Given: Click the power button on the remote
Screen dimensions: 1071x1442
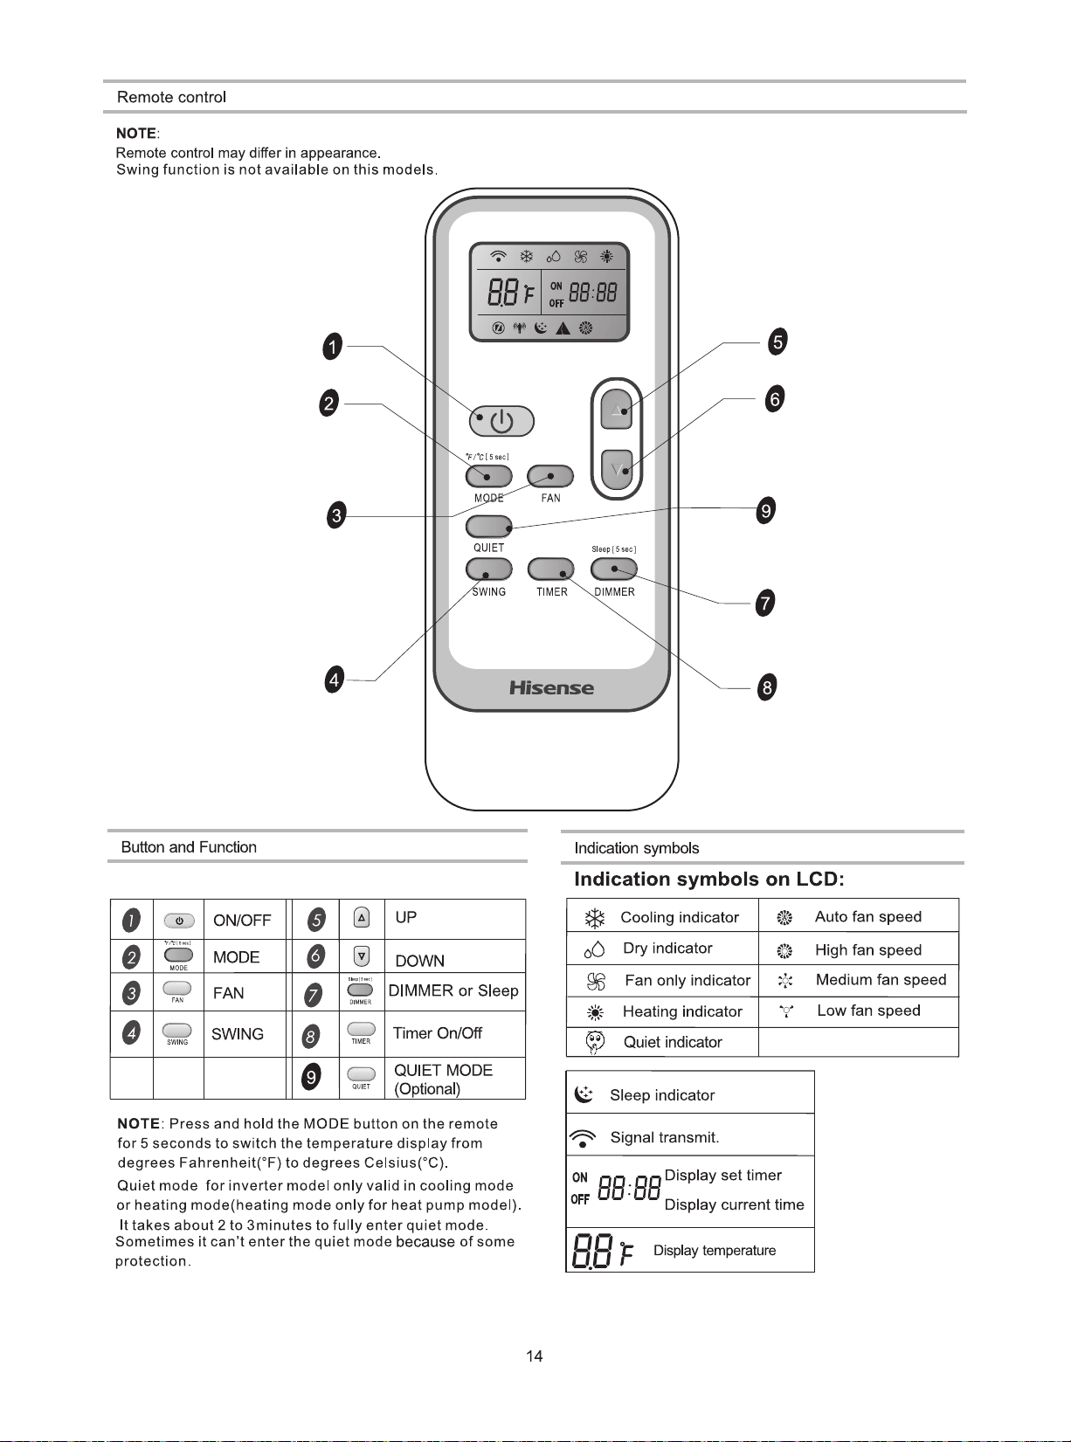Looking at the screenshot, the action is click(x=501, y=422).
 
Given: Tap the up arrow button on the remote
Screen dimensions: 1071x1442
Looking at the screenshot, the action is click(x=617, y=409).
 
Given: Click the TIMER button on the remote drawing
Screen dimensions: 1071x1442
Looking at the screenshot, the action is click(x=550, y=569).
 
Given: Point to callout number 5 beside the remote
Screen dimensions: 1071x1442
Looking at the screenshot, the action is click(x=777, y=342).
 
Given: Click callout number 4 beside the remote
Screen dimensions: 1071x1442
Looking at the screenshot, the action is click(x=335, y=680).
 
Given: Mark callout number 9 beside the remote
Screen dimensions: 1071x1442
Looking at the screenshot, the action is click(x=766, y=510).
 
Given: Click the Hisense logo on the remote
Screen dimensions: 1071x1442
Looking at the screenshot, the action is click(x=551, y=688).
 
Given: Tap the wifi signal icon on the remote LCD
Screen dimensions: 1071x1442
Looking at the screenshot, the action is click(x=498, y=256).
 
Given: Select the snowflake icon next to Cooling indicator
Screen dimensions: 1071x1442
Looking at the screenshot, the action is click(x=594, y=918).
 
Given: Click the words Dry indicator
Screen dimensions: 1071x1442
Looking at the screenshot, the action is click(x=667, y=948).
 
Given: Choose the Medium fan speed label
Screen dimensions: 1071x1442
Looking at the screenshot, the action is click(x=881, y=980).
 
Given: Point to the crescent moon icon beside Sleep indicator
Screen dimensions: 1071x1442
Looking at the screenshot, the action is click(x=584, y=1095).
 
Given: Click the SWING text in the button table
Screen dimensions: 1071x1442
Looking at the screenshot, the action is click(x=238, y=1034).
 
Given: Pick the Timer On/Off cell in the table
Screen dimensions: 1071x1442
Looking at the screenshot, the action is click(x=454, y=1034).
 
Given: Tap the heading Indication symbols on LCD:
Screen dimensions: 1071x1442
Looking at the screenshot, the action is click(x=708, y=879).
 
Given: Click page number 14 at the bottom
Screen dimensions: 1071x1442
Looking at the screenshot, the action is click(x=535, y=1356).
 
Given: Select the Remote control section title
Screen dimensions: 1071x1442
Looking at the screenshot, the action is click(x=171, y=97).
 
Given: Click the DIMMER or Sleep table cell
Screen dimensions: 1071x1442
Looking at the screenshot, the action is click(x=454, y=991).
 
